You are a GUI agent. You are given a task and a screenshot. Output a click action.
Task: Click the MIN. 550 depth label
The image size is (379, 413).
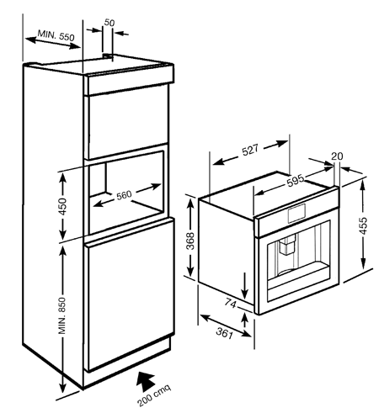(56, 35)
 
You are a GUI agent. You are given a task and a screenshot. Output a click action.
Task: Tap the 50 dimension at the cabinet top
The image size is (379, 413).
(109, 23)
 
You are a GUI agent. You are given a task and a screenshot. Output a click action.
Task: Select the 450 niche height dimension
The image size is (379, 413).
(62, 206)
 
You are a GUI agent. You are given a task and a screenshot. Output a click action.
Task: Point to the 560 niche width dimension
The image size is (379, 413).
(124, 195)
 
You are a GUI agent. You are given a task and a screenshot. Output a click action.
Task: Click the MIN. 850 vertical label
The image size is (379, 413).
(61, 315)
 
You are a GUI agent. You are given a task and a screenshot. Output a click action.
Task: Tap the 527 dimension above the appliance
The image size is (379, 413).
(250, 150)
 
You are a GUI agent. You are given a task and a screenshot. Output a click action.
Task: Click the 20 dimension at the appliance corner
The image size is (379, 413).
(337, 156)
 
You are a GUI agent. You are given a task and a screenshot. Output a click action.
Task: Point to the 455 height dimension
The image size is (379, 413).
(363, 225)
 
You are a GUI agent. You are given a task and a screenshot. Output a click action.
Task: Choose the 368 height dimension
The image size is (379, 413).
(190, 241)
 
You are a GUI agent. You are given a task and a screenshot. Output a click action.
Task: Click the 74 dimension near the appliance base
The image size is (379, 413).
(230, 303)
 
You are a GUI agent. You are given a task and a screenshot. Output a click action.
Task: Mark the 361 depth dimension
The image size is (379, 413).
(225, 333)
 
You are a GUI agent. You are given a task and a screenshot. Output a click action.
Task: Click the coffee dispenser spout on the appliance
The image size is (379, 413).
(286, 245)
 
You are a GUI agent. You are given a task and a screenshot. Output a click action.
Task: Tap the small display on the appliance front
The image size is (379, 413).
(296, 213)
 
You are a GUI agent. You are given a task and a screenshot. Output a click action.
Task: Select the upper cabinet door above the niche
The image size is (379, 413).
(128, 123)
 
